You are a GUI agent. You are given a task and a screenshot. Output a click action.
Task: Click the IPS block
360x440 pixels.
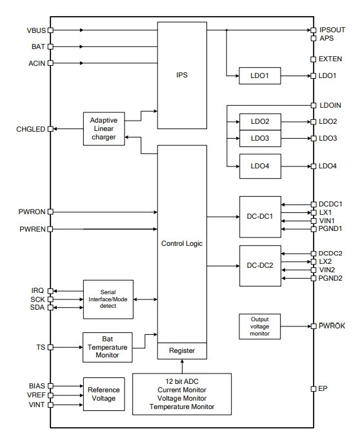pos(182,75)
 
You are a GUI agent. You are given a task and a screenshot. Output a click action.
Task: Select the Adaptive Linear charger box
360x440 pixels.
pos(104,129)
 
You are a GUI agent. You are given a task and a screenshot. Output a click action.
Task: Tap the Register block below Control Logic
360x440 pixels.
pos(182,351)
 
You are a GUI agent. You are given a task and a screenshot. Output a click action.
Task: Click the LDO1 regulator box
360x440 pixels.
pos(260,75)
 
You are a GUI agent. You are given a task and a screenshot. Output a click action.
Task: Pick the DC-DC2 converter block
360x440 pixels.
pos(260,266)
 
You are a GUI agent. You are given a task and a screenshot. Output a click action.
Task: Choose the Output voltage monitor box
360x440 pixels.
pos(259,326)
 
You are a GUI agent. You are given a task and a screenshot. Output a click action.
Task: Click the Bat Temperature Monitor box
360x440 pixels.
pos(108,347)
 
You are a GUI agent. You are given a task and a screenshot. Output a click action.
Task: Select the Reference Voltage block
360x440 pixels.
pos(104,394)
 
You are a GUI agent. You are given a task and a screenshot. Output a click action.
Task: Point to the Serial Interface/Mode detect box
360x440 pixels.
pos(108,299)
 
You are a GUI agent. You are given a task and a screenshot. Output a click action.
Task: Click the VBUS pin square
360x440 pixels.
pos(50,30)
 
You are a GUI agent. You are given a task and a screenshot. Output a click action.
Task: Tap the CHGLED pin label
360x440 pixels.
pos(30,129)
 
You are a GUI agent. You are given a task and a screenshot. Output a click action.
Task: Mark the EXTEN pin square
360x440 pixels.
pos(314,59)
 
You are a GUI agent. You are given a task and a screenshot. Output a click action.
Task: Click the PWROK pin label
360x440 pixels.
pos(332,326)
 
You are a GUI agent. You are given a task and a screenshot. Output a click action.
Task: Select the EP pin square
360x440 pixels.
pos(314,388)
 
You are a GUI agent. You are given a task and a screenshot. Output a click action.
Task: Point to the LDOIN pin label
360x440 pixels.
pos(330,105)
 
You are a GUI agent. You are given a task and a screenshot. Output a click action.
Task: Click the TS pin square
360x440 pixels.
pos(50,347)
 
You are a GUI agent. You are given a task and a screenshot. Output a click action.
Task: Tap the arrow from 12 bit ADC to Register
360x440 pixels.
pos(182,366)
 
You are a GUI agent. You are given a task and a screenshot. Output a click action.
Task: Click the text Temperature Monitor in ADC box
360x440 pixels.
pos(182,406)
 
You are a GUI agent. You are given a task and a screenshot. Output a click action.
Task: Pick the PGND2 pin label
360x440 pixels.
pos(330,278)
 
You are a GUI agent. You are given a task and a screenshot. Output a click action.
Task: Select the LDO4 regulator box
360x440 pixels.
pos(260,166)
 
